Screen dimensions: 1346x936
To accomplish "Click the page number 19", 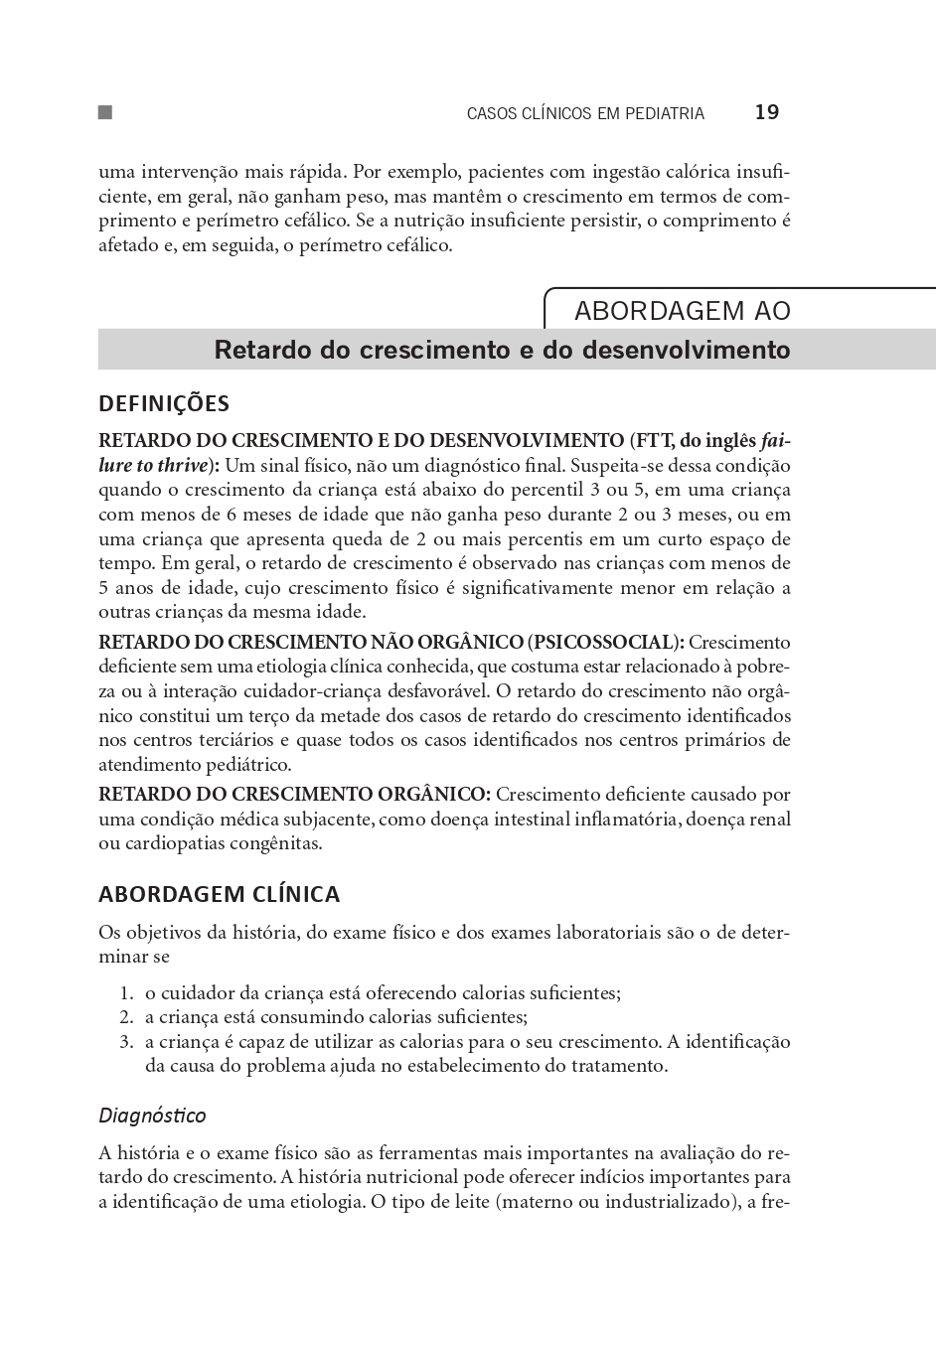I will [x=766, y=112].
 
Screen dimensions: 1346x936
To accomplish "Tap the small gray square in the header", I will [x=104, y=112].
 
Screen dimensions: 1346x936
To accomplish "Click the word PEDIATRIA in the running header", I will [x=665, y=113].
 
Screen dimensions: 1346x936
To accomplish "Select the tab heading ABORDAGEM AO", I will [x=682, y=311].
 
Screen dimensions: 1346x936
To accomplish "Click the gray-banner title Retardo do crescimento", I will [x=502, y=350].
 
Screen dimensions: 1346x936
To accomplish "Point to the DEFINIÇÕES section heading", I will [x=164, y=403].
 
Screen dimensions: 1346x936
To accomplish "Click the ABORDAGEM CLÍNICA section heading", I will [x=219, y=894].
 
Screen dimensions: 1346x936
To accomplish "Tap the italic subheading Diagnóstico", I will [x=152, y=1116].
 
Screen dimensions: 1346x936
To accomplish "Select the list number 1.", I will [x=126, y=993].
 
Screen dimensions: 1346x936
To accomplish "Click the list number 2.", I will [x=126, y=1017].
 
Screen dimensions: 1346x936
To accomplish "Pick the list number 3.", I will [x=126, y=1042].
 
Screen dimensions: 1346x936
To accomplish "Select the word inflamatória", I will [x=624, y=820].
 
